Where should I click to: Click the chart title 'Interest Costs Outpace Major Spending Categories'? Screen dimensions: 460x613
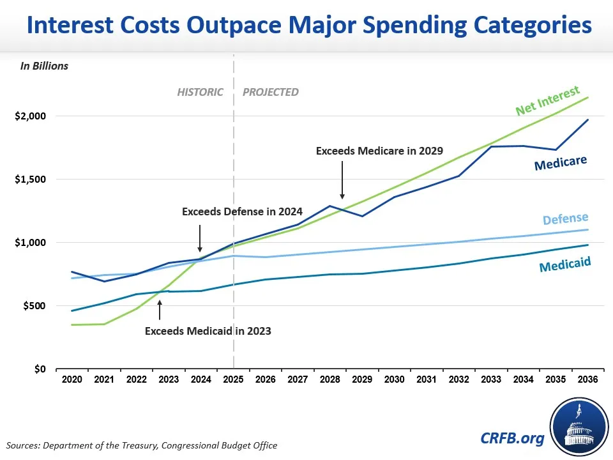click(306, 25)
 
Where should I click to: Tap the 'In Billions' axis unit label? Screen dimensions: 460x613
click(44, 66)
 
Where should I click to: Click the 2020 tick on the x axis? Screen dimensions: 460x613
click(72, 379)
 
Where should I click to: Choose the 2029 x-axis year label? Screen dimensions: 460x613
click(363, 379)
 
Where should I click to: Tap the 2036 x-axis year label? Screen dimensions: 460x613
click(588, 379)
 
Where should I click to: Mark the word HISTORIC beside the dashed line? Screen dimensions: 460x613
click(200, 92)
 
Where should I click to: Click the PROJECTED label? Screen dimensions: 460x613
click(271, 92)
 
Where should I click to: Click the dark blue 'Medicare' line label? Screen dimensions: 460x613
click(561, 164)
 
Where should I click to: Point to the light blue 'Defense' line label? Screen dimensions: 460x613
click(565, 220)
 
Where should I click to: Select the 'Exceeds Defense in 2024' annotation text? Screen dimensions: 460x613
click(242, 211)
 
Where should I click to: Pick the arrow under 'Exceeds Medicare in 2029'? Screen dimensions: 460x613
click(342, 180)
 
